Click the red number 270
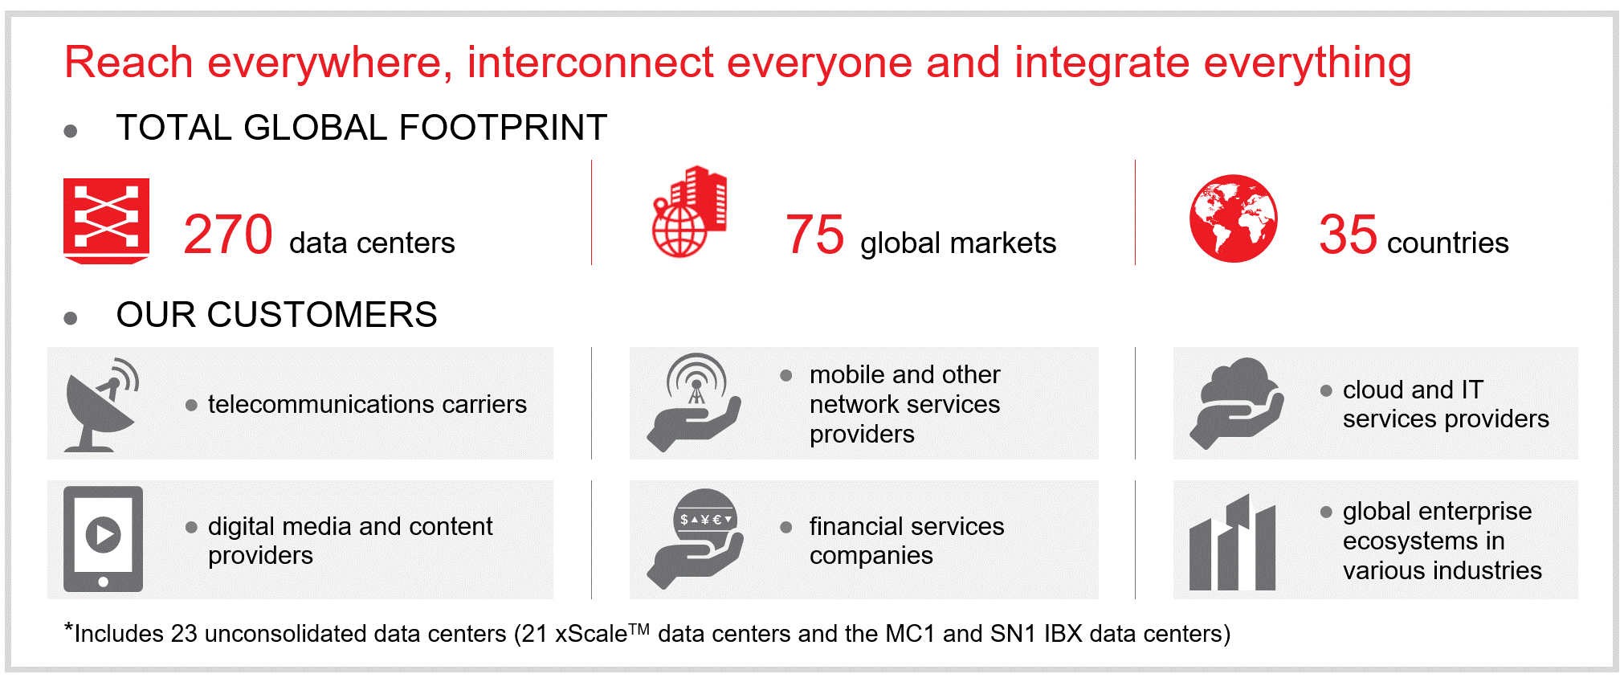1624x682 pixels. click(x=228, y=235)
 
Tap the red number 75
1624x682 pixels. click(x=814, y=235)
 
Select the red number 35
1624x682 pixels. click(x=1348, y=235)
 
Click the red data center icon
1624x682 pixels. click(x=106, y=221)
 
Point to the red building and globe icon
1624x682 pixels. click(x=689, y=212)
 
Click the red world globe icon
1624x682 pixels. click(x=1234, y=218)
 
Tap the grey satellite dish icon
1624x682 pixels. click(x=101, y=404)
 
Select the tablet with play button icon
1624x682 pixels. click(x=103, y=539)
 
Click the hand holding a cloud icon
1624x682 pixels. click(x=1236, y=402)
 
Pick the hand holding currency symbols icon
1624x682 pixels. click(x=695, y=539)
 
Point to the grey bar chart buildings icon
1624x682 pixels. click(x=1232, y=542)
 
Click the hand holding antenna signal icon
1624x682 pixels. click(x=694, y=402)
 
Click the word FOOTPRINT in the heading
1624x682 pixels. click(x=503, y=128)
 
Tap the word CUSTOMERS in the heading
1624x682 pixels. click(x=322, y=315)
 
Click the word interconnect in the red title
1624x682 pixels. click(x=590, y=63)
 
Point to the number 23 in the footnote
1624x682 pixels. click(x=184, y=634)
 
